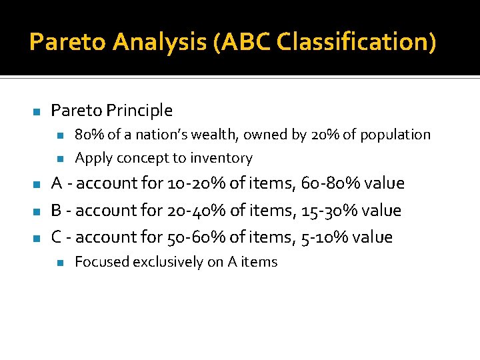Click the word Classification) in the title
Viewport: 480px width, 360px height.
[357, 42]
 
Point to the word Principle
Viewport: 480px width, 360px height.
[140, 111]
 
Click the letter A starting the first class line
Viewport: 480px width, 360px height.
[57, 183]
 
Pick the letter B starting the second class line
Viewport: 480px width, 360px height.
[57, 211]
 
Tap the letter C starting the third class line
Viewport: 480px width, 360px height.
[57, 237]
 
